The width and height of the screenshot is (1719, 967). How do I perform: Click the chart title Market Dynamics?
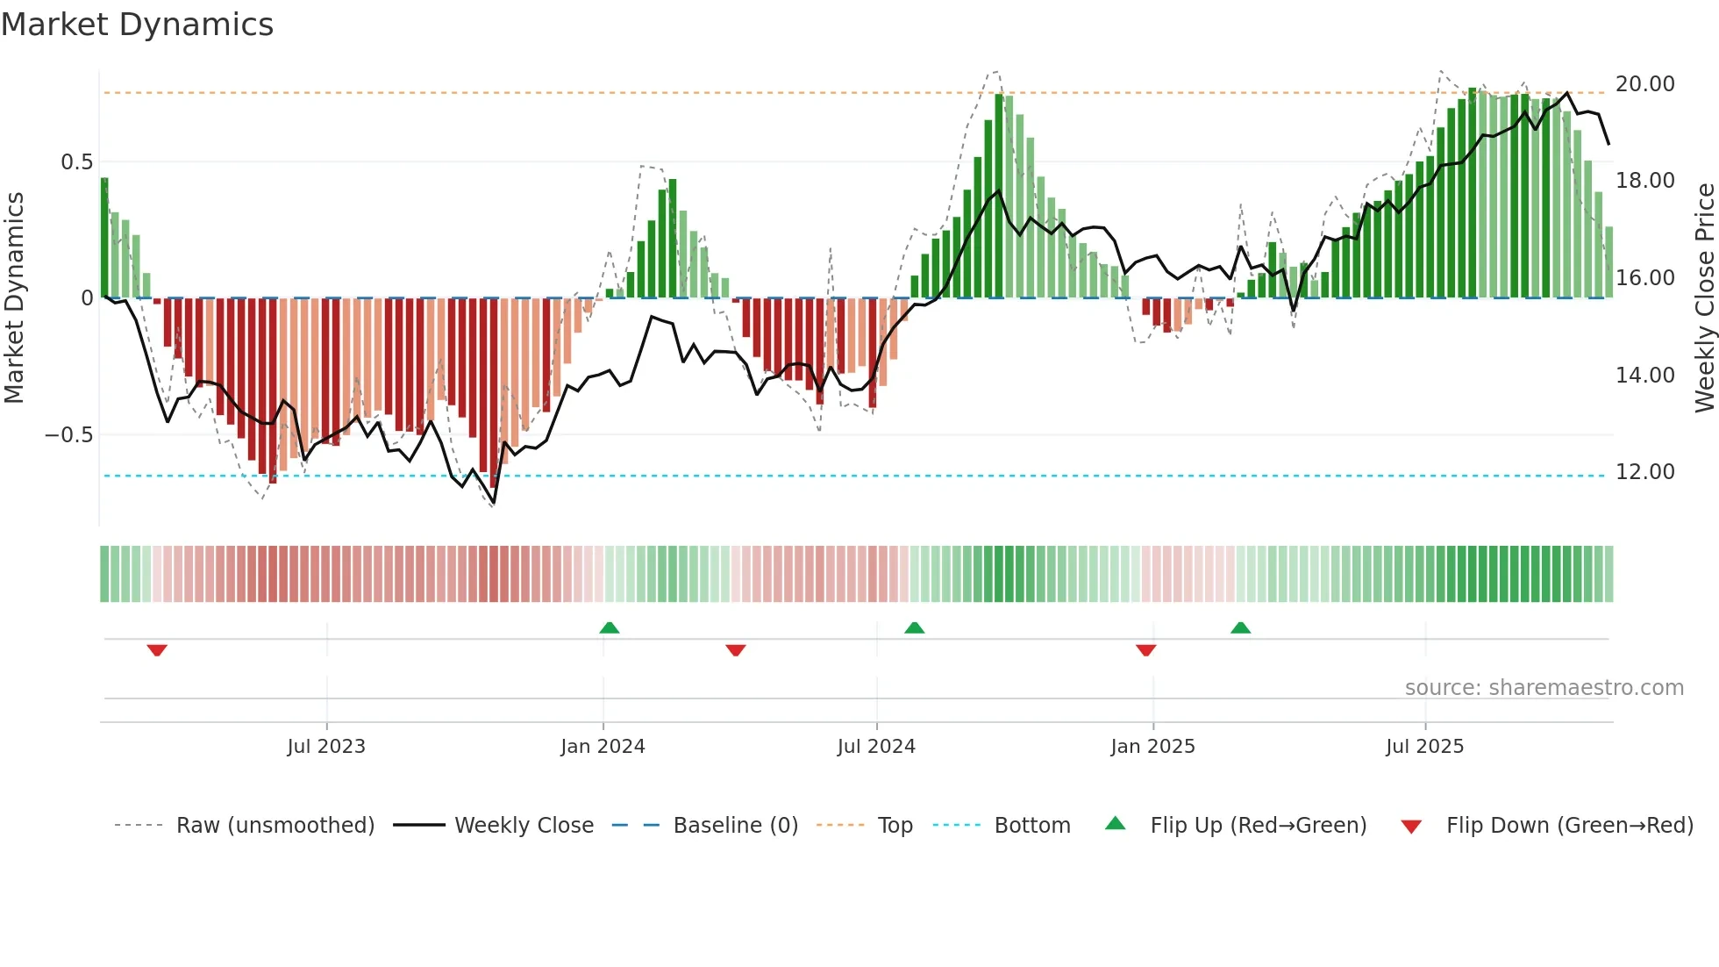[x=137, y=25]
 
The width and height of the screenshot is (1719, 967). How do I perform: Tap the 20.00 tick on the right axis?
[x=1644, y=84]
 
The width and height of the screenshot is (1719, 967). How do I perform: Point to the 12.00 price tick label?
[x=1644, y=472]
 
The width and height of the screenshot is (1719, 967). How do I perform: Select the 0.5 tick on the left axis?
[x=76, y=162]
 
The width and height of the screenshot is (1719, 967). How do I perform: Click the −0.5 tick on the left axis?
[x=69, y=435]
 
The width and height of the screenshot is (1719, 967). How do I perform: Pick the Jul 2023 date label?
[x=326, y=747]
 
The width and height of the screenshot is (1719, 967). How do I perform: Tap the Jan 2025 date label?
[x=1152, y=747]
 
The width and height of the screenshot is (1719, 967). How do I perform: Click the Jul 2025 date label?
[x=1424, y=747]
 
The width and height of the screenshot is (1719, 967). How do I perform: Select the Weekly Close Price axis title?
[x=1704, y=298]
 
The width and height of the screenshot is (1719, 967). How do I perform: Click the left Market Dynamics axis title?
[x=14, y=298]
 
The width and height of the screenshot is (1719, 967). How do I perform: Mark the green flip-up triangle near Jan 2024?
[x=610, y=628]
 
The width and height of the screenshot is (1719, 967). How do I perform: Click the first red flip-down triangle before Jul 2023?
[x=157, y=650]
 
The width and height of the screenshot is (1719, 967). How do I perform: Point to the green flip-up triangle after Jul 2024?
[x=914, y=628]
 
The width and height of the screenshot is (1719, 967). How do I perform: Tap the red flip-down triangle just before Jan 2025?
[x=1145, y=650]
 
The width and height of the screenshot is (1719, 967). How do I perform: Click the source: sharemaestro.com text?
[x=1544, y=688]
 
